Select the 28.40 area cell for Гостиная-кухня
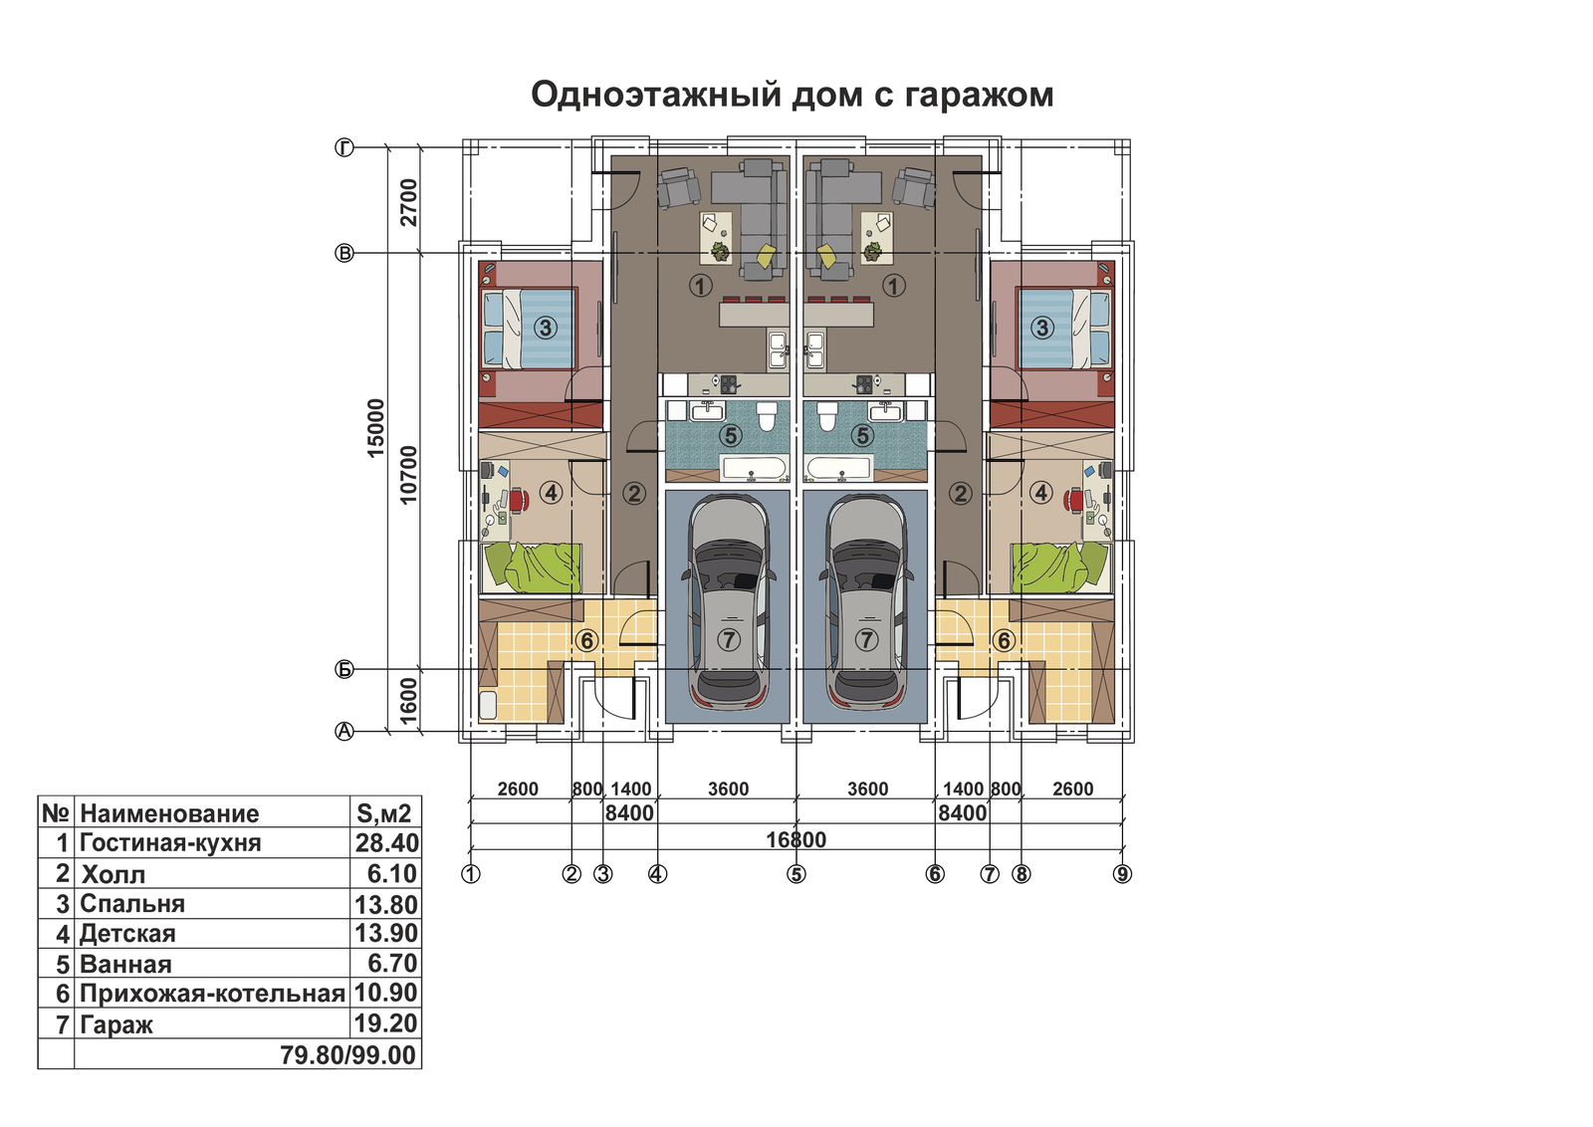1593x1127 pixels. [387, 842]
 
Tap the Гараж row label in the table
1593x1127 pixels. [115, 1024]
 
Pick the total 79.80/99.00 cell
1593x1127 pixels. [347, 1055]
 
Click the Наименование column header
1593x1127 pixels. [169, 813]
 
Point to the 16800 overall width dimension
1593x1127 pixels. [796, 839]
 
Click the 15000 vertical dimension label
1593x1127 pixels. [376, 427]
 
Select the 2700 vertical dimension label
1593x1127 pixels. [408, 202]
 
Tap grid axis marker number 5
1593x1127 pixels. [796, 874]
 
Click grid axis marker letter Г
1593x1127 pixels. [344, 148]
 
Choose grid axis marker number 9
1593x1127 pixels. [1122, 874]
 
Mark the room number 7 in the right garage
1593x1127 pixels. [865, 639]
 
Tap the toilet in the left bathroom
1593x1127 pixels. [766, 417]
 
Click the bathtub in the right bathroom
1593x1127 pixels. [838, 469]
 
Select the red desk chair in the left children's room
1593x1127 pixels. [519, 500]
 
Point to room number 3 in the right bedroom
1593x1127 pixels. [1041, 328]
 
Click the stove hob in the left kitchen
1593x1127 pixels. [728, 384]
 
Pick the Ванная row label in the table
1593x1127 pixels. [125, 964]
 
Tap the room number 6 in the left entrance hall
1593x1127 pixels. [586, 640]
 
